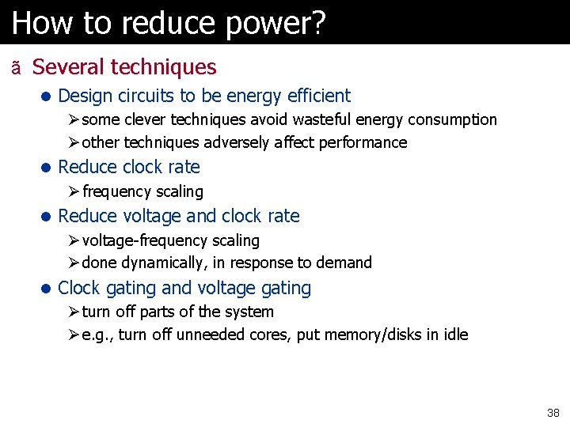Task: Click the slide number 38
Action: pos(553,413)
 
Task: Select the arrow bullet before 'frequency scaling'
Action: pos(73,191)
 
